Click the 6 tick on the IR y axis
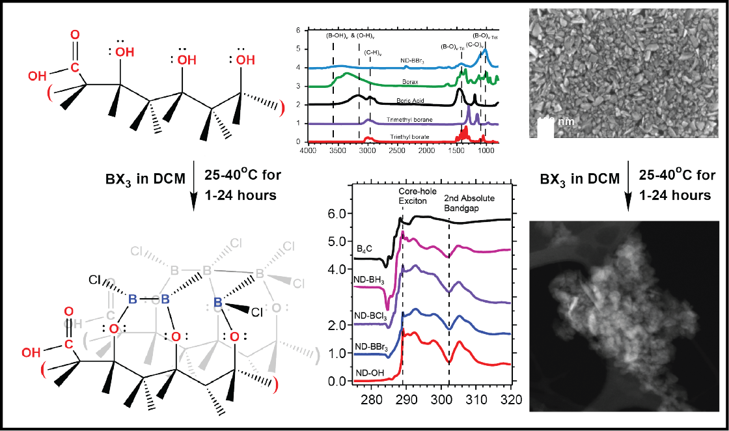298,31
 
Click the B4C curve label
365,249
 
